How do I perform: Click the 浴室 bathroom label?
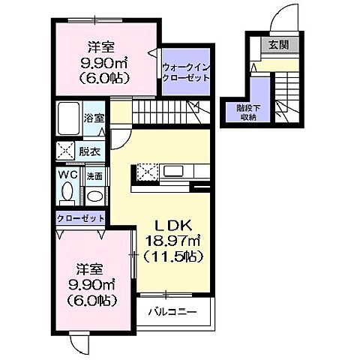(93, 118)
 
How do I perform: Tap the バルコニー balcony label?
(172, 311)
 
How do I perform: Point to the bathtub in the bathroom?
(69, 119)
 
